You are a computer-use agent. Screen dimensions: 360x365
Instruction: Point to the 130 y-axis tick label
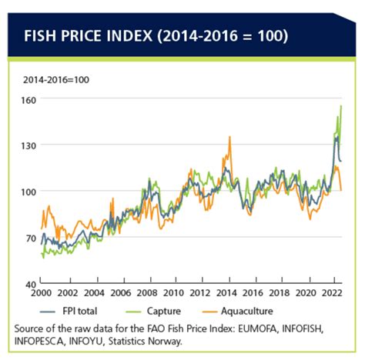click(x=30, y=145)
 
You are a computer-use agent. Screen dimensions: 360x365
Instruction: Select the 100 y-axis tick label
click(x=30, y=192)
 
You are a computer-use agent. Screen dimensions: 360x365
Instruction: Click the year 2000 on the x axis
click(x=42, y=295)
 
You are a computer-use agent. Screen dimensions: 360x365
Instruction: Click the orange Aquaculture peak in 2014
click(x=229, y=138)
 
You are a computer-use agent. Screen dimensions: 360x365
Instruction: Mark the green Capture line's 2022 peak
click(x=341, y=106)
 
